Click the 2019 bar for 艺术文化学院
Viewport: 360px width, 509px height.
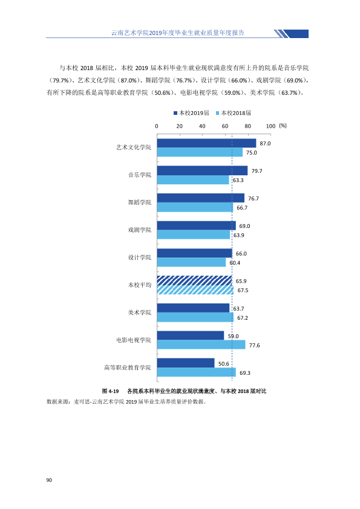[206, 143]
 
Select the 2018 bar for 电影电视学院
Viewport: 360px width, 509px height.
[201, 345]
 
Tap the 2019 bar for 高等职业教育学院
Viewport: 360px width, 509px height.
[186, 363]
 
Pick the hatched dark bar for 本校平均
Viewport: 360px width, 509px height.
[195, 280]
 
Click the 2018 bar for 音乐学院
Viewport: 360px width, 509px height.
[193, 180]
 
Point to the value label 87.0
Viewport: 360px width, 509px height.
[265, 143]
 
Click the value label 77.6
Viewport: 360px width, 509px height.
[254, 345]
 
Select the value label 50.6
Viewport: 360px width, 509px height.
[223, 364]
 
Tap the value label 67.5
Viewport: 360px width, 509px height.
[243, 290]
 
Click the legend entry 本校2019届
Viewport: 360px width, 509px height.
[191, 113]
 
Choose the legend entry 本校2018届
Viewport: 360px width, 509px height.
[234, 113]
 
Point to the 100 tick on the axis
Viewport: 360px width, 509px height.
[270, 126]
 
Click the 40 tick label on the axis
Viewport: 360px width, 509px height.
[202, 126]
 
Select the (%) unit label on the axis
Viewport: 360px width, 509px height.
[283, 126]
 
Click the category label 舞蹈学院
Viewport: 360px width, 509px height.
[139, 203]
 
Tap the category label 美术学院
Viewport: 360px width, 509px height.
[139, 313]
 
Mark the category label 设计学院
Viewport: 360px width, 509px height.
[139, 258]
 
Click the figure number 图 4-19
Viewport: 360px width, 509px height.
[111, 391]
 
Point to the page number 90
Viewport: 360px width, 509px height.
[49, 480]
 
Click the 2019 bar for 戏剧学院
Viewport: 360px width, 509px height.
[197, 225]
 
